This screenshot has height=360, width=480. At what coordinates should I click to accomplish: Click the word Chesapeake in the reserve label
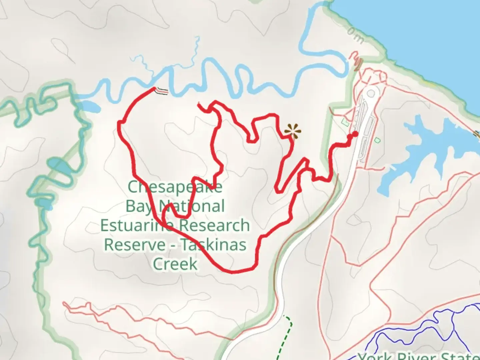175,187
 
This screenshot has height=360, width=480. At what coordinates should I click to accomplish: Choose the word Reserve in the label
135,245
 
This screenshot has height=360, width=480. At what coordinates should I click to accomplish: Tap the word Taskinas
214,245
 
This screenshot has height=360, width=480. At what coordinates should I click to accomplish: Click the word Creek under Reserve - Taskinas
175,264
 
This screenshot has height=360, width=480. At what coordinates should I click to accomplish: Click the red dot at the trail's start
355,134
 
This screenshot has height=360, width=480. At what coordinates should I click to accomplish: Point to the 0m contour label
355,35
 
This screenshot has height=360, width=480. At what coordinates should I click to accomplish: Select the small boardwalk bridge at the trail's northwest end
162,91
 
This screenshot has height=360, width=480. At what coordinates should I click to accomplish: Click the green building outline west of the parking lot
345,123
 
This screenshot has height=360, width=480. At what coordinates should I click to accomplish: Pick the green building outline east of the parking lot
377,140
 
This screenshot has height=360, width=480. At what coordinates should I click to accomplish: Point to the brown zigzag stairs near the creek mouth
358,64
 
